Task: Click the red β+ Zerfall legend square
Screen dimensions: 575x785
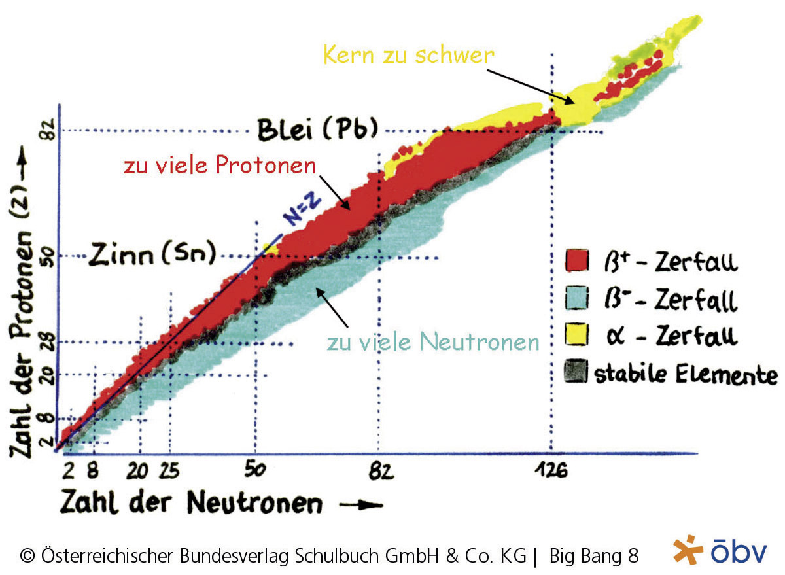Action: [x=576, y=260]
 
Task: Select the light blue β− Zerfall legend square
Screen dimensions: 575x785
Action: [x=576, y=298]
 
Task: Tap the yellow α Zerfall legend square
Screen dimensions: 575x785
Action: [x=576, y=335]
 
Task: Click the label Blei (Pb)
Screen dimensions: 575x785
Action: [x=317, y=130]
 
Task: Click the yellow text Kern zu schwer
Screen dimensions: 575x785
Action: [x=408, y=54]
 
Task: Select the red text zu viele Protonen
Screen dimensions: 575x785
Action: [x=220, y=166]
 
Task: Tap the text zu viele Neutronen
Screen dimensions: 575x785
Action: [x=433, y=341]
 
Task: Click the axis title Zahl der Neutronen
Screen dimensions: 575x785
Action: [x=191, y=503]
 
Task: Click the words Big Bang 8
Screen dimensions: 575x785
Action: [x=593, y=555]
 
